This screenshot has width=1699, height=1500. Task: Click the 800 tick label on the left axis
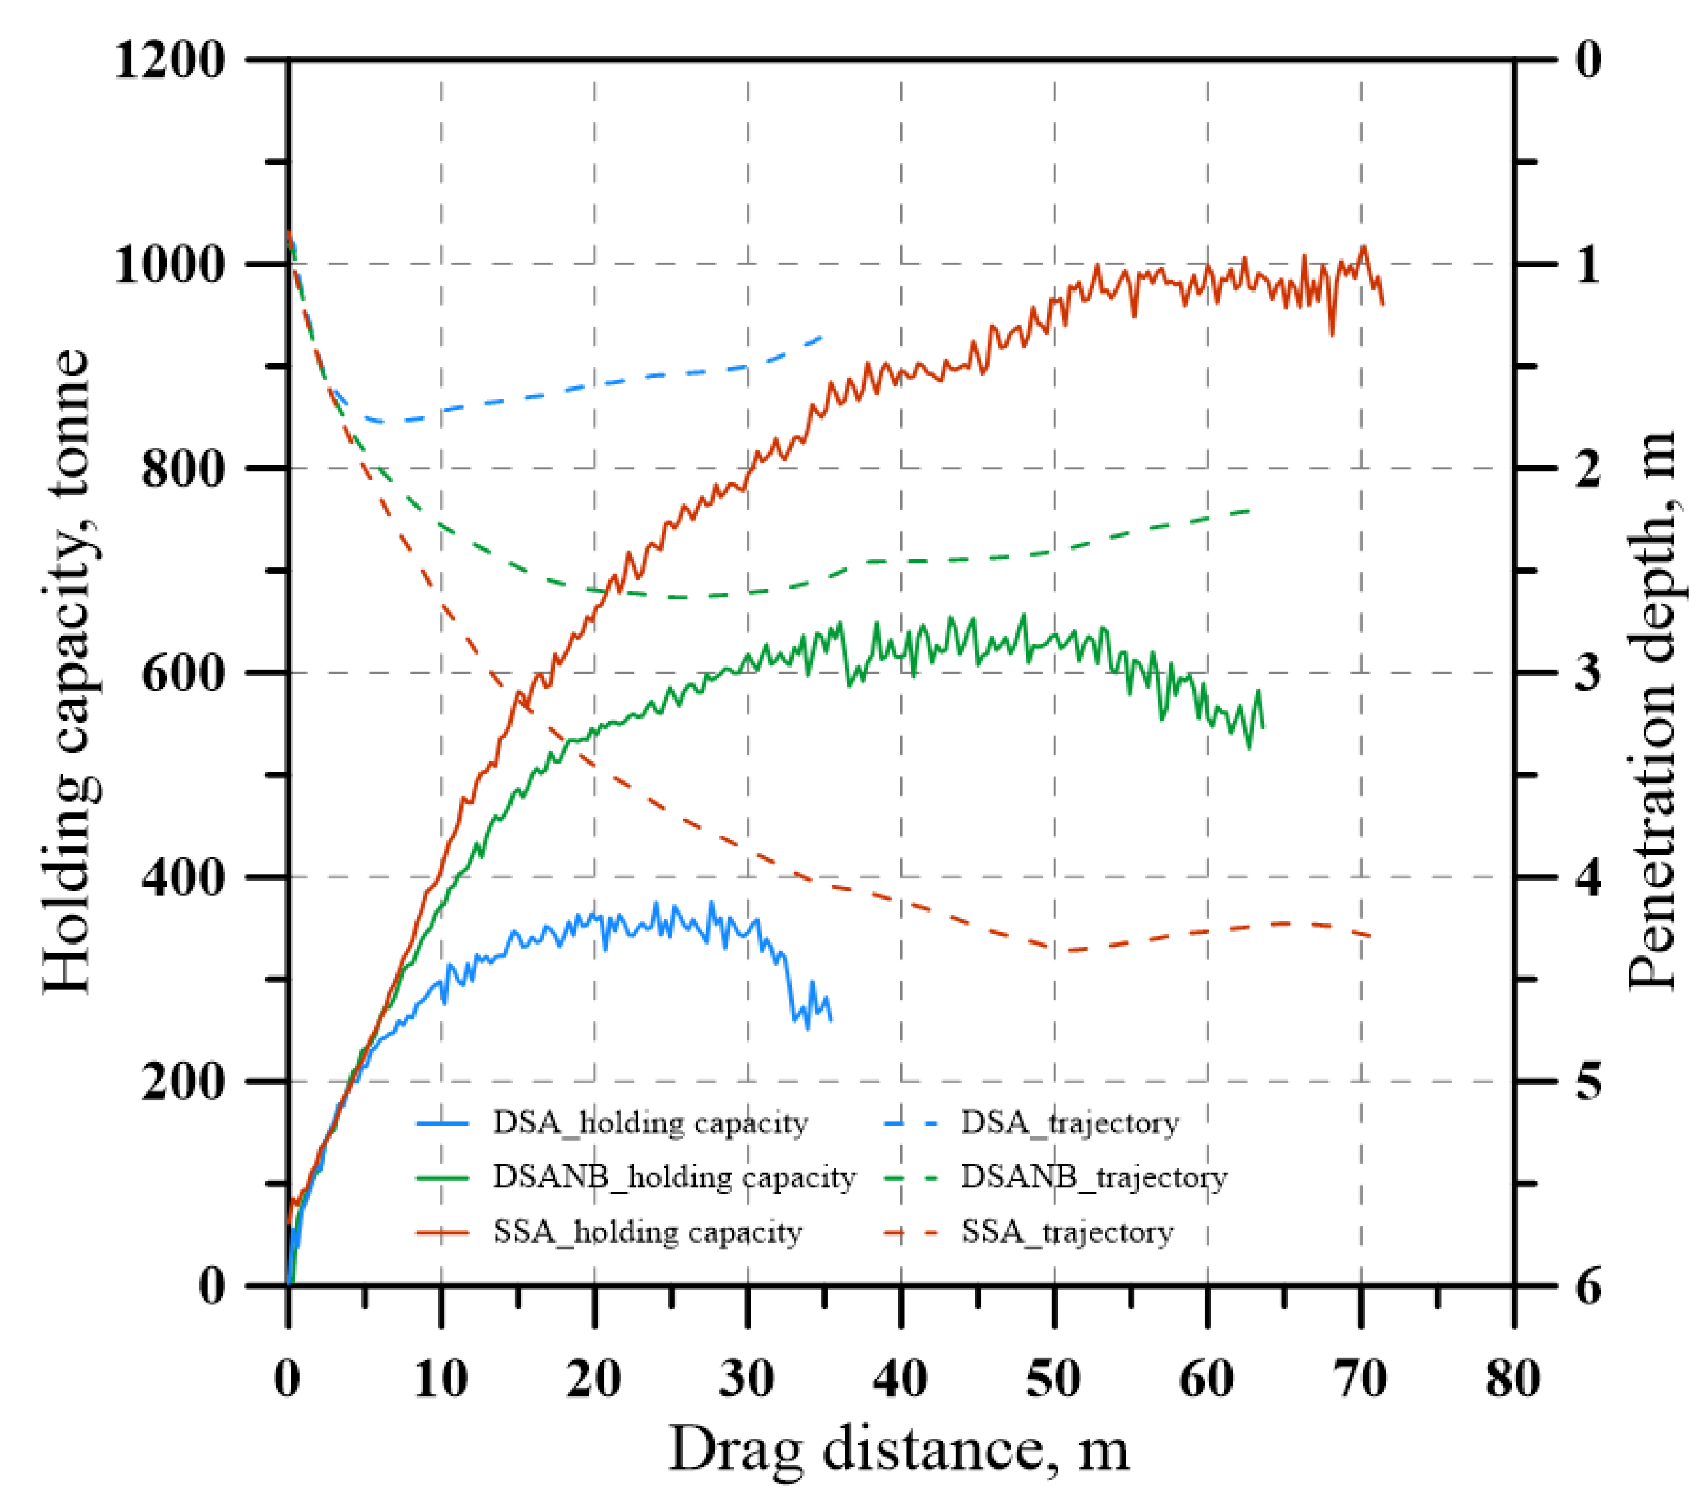[184, 469]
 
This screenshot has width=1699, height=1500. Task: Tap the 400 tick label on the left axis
[184, 877]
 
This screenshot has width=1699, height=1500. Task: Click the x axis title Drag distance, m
[899, 1449]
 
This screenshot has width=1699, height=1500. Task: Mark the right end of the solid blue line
[831, 1021]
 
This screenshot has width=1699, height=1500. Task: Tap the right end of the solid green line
[1263, 728]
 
